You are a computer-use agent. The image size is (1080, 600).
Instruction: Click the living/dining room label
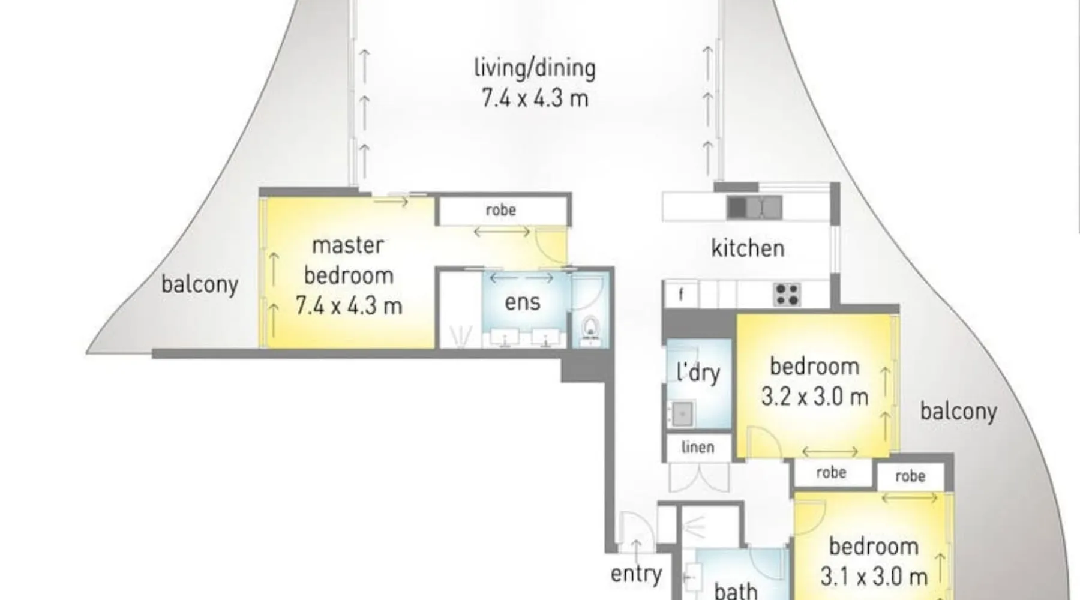point(535,68)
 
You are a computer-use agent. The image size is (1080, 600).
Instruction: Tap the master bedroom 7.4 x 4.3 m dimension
point(349,306)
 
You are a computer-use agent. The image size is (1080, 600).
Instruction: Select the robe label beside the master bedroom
point(500,210)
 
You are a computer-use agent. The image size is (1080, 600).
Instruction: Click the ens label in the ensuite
point(522,302)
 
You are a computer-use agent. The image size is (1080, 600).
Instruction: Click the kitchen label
point(748,248)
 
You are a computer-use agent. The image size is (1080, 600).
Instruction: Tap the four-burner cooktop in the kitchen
point(787,294)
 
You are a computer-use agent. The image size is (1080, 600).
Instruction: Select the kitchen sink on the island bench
point(755,208)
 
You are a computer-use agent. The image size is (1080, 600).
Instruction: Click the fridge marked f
point(681,295)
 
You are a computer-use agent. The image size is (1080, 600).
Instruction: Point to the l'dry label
point(698,373)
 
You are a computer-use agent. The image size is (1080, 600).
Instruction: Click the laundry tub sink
point(682,413)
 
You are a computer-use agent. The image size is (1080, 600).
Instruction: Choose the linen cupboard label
point(698,447)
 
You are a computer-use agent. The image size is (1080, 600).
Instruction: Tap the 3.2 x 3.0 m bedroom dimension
point(814,397)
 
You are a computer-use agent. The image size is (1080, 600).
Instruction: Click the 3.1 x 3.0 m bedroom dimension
point(874,577)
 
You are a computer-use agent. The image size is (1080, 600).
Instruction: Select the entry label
point(636,574)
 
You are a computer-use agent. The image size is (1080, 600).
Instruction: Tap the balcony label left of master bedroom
point(199,284)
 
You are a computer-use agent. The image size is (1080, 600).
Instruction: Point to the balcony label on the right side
point(958,412)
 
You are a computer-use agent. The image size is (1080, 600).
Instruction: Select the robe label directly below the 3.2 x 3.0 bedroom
point(831,473)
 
